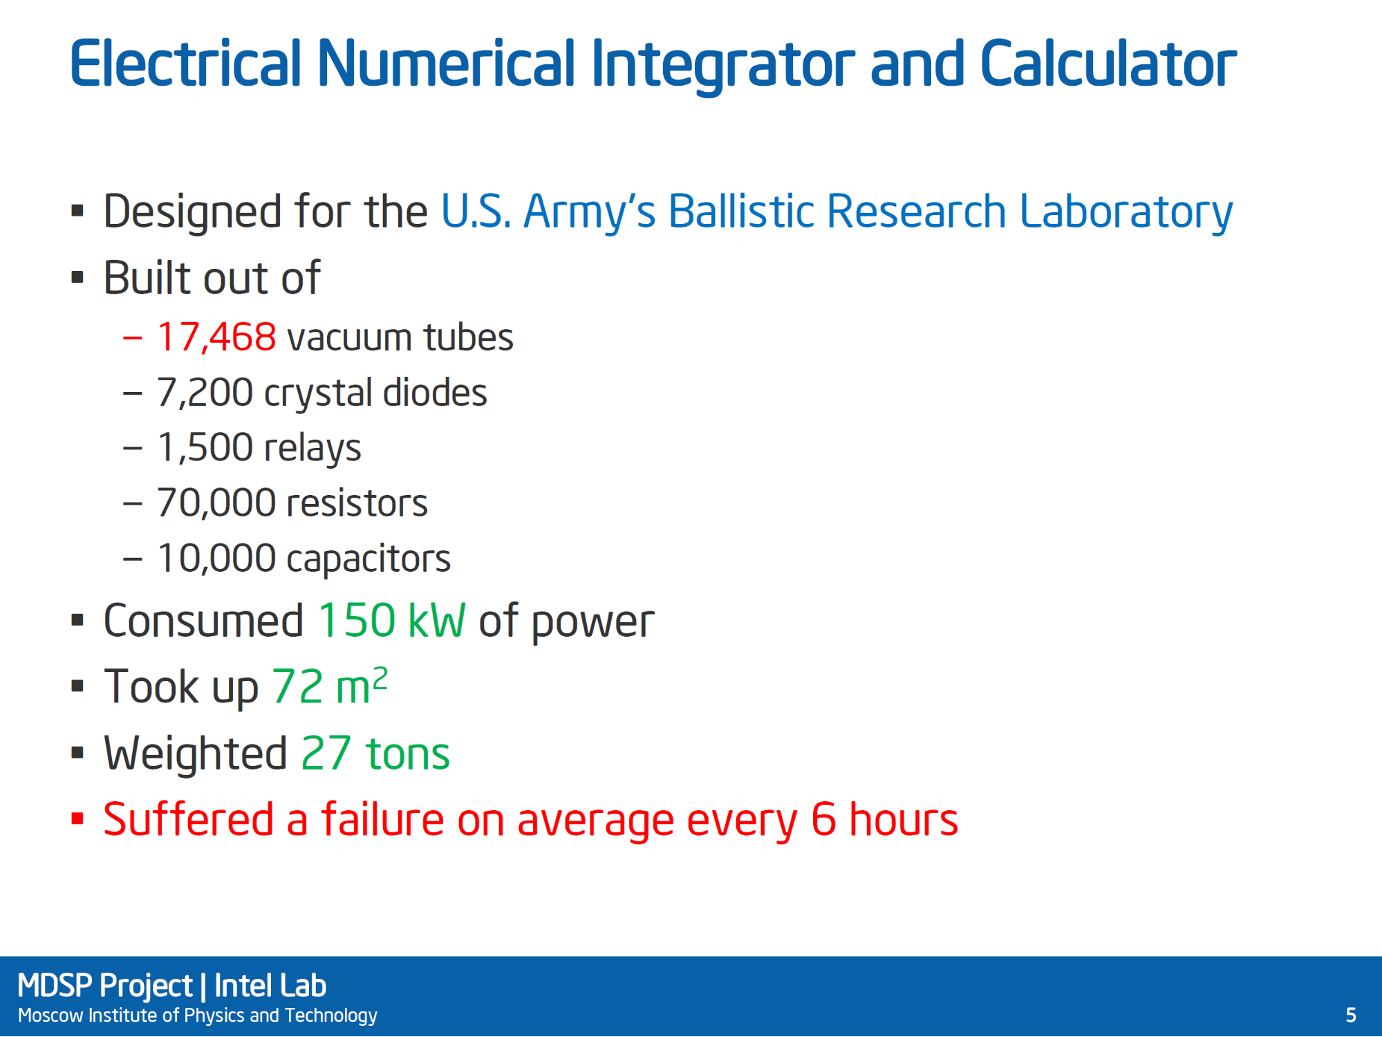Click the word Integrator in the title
pos(722,66)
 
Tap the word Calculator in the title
pos(1108,64)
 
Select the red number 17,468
pos(216,337)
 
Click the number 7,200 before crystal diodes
pos(205,393)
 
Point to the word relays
pos(312,448)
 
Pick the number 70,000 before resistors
pos(216,503)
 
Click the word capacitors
pos(368,559)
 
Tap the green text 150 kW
pos(391,620)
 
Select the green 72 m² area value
pos(330,686)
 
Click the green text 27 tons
pos(375,753)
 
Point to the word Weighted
pos(195,754)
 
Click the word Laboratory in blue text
pos(1126,212)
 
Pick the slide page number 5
pos(1351,1015)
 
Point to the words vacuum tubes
pos(400,337)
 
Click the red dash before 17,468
pos(133,338)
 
